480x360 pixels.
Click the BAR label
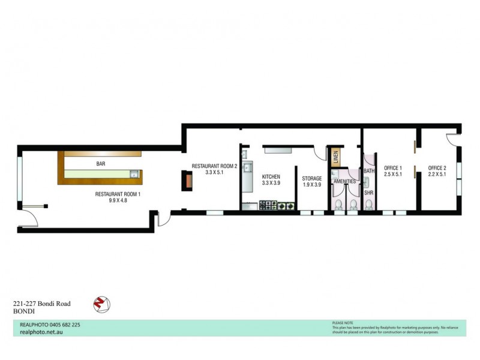click(101, 163)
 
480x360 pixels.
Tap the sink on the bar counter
click(134, 175)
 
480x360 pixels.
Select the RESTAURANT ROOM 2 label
click(214, 166)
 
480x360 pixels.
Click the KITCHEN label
click(271, 176)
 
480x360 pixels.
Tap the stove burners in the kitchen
click(278, 206)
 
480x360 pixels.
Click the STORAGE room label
click(312, 178)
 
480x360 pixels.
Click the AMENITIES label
click(345, 181)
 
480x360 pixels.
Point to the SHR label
click(368, 193)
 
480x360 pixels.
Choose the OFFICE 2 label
click(436, 168)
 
